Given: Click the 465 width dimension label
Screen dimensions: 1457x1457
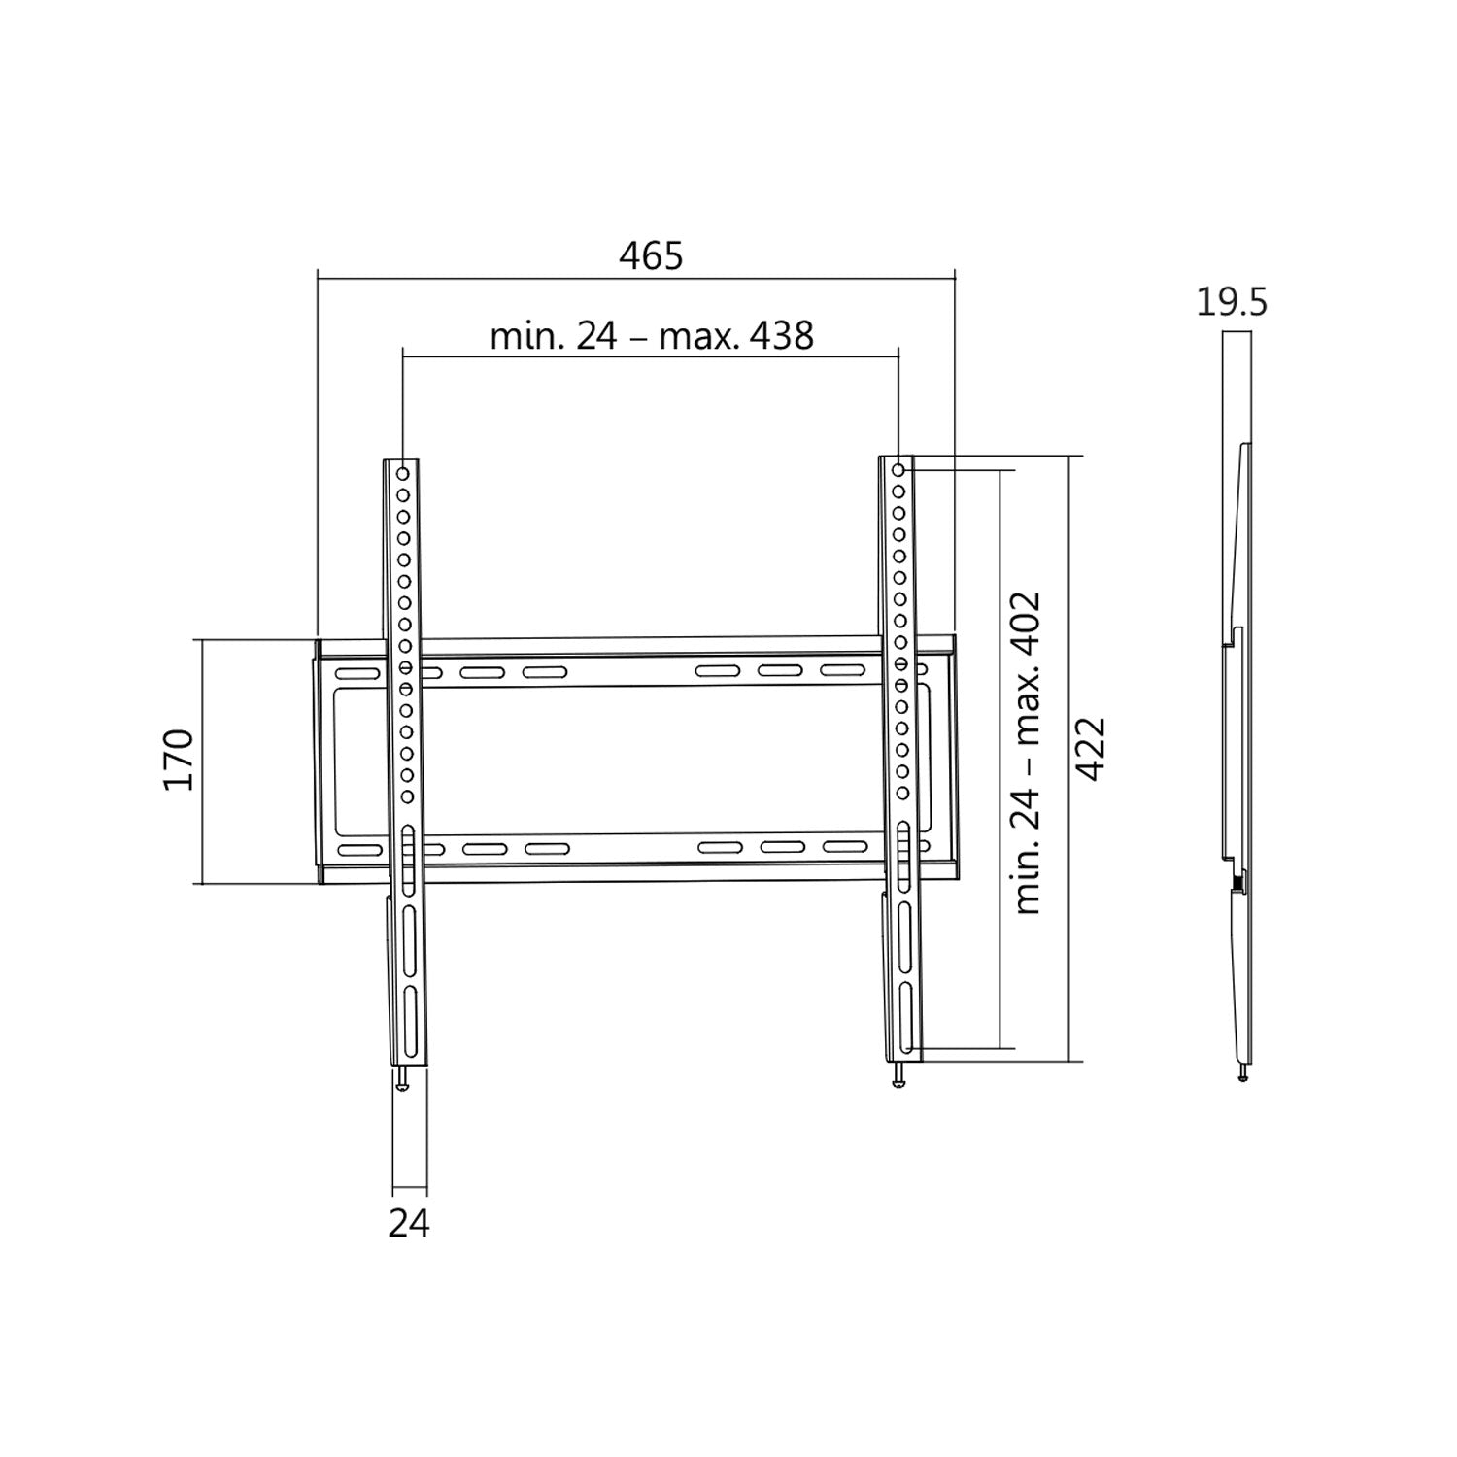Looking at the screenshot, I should tap(651, 255).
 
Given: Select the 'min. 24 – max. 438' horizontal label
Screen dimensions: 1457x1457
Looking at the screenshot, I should tap(651, 336).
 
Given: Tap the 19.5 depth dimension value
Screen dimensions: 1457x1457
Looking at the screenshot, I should tap(1231, 303).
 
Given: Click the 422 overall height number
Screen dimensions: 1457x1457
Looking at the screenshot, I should tap(1092, 749).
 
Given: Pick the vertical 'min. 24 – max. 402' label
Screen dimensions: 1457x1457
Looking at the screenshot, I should tap(1027, 752).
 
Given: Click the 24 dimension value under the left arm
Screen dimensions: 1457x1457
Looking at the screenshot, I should tap(408, 1224).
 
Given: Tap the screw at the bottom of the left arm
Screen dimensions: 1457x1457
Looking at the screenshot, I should tap(404, 1079).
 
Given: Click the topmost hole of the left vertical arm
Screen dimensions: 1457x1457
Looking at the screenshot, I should tap(402, 474).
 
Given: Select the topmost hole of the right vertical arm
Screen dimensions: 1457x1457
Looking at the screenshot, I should tap(898, 470).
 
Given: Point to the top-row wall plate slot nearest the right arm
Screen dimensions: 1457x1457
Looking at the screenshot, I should tap(840, 670).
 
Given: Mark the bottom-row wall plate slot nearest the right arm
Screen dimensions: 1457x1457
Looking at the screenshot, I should tap(844, 846).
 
